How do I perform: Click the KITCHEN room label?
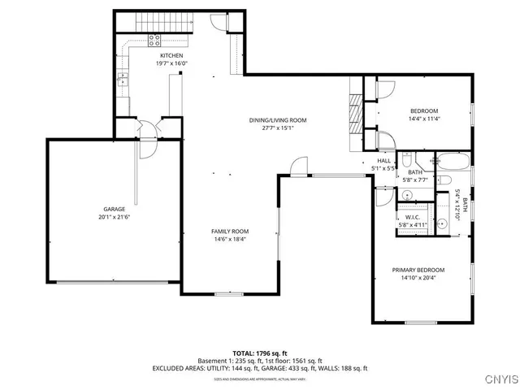171,55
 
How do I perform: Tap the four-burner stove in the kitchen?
154,38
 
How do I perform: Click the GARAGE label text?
114,210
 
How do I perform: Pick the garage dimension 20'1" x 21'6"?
114,217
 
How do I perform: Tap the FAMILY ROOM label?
229,232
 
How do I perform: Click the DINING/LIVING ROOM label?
278,119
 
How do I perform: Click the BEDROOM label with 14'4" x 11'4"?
423,110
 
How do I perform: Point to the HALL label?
383,161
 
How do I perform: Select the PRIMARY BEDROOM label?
418,270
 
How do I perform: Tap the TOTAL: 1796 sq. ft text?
259,353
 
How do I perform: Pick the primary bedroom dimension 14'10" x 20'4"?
418,278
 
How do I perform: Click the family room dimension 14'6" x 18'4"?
229,240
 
